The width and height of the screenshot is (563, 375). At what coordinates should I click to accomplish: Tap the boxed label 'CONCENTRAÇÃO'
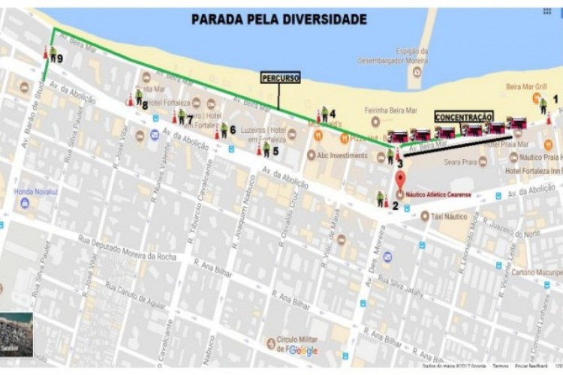coord(463,117)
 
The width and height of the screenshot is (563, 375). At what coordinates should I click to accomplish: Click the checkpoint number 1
coord(555,98)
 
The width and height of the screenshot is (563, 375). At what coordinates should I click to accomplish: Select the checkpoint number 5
coord(275,151)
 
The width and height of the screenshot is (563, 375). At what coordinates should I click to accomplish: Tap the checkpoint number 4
coord(332,114)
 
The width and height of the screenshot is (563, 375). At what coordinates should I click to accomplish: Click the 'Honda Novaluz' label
coord(36,191)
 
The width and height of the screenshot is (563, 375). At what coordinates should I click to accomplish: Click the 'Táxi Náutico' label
coord(450,217)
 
